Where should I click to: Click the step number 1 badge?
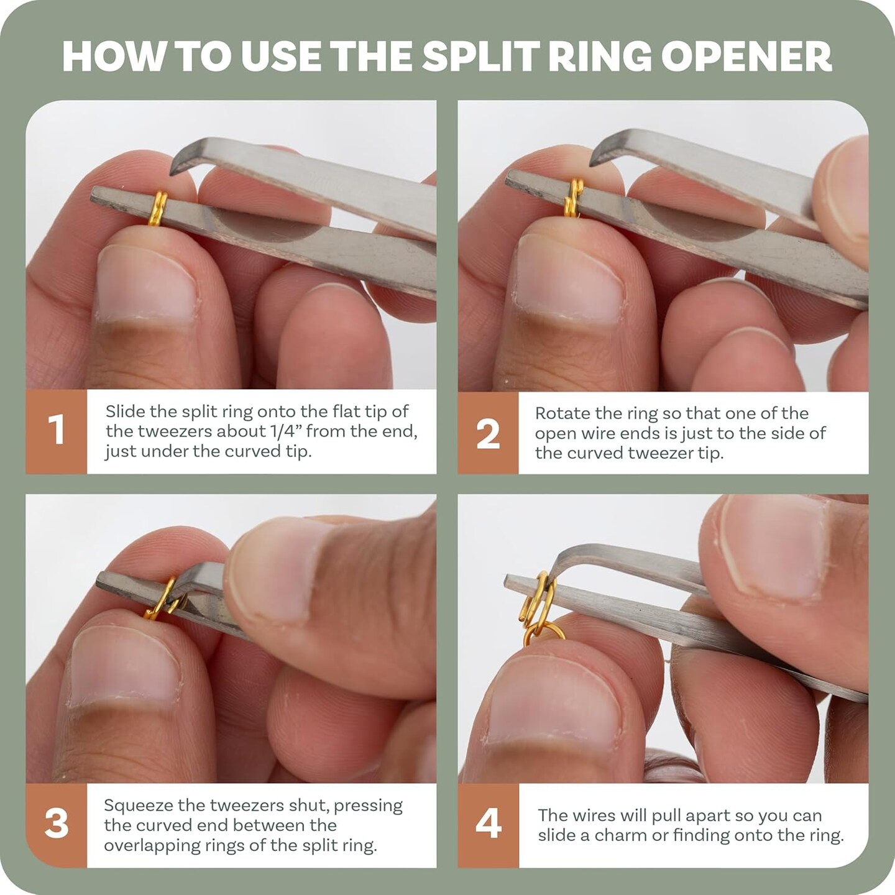coord(56,431)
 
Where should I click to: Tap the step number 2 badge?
coord(488,433)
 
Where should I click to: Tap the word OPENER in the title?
coord(746,56)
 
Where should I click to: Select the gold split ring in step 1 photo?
coord(158,209)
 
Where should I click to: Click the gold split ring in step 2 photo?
coord(574,198)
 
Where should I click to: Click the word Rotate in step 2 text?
coord(560,413)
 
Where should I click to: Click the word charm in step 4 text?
coord(615,835)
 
